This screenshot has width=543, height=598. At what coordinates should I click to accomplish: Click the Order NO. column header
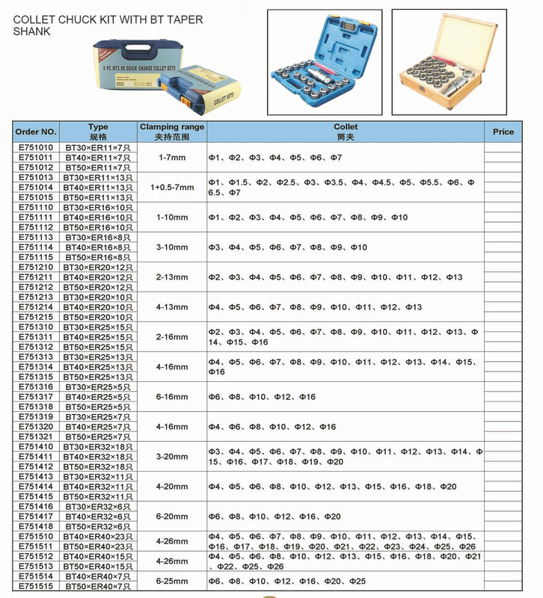coord(36,132)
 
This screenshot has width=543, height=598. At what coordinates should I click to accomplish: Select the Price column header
coord(503,132)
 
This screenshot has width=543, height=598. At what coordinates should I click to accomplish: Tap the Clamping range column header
coord(172,132)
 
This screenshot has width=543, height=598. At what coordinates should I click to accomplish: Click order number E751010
coord(36,148)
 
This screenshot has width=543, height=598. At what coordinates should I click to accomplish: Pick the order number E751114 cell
coord(36,247)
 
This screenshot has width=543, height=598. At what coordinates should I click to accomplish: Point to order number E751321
coord(36,436)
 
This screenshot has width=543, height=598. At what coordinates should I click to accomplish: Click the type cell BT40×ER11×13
coord(98,188)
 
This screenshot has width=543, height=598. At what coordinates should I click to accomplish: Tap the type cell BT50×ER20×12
coord(98,287)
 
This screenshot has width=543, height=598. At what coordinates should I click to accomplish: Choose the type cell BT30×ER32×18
coord(98,446)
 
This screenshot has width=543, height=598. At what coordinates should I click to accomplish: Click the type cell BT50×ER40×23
coord(98,546)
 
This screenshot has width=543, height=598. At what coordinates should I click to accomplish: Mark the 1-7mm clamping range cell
coord(172,158)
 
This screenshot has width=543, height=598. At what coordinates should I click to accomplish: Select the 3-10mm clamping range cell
coord(172,247)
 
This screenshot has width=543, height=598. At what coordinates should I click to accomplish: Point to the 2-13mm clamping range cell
coord(172,277)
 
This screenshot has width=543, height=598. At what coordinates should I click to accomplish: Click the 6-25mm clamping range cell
coord(172,581)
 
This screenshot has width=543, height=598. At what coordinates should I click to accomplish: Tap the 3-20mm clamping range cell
coord(172,456)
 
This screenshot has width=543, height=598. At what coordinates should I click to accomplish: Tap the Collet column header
coord(346,132)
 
